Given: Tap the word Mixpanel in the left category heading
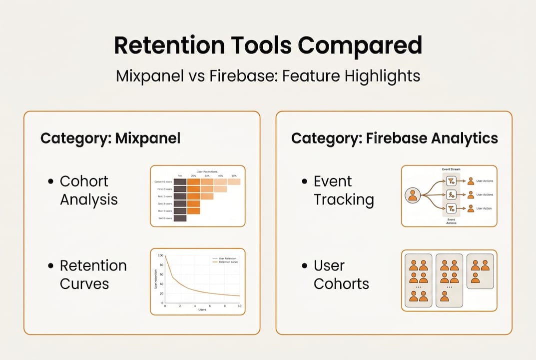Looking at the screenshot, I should click(147, 138).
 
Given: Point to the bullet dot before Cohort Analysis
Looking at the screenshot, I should click(50, 181).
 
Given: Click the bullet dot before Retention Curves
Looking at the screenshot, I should click(50, 266).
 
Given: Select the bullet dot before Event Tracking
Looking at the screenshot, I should click(304, 181).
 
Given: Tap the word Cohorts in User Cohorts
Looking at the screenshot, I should click(341, 284).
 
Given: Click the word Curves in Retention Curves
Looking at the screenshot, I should click(84, 283).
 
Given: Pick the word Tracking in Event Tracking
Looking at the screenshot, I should click(343, 199).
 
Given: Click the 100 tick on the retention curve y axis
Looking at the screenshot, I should click(160, 255).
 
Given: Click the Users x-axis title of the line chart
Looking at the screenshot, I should click(202, 310).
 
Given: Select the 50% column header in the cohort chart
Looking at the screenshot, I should click(234, 176).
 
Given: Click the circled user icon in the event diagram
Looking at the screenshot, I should click(413, 195).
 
